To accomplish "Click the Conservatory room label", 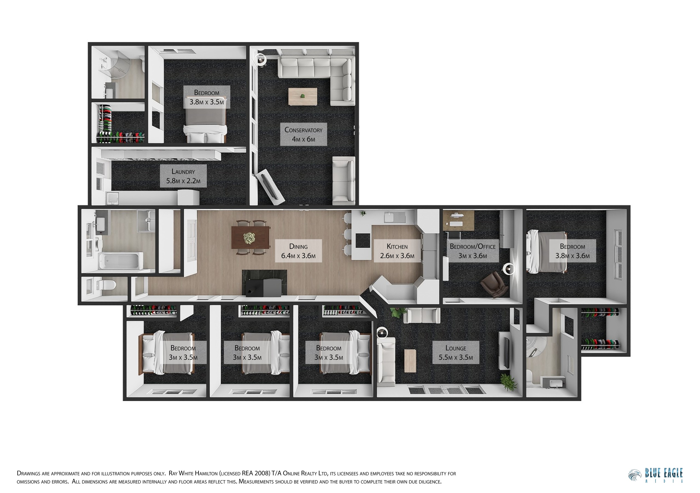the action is coord(303,135).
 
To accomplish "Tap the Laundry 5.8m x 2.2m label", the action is coord(183,176).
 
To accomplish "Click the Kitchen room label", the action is coord(397,251).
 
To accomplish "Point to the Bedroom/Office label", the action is coord(472,251).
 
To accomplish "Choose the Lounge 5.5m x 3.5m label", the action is coord(456,352).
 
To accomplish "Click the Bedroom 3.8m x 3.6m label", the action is coord(572,251).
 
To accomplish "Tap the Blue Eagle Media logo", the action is coord(655,476).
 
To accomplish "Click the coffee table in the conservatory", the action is coord(303,97).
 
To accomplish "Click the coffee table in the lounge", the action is coord(410,361).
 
